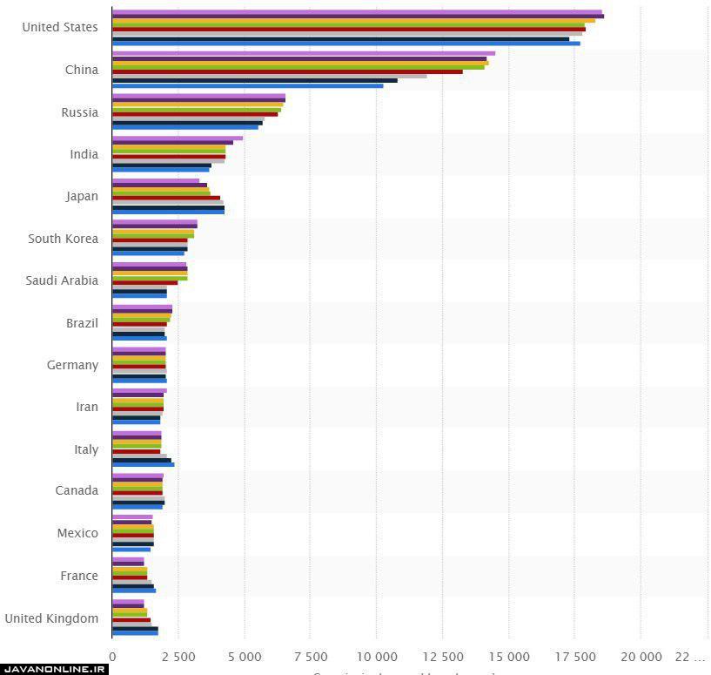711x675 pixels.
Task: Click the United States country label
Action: click(60, 27)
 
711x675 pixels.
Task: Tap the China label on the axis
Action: click(82, 70)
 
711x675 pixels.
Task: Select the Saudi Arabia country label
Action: click(62, 280)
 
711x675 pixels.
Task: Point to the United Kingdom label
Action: click(51, 618)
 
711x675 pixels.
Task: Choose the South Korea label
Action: click(63, 239)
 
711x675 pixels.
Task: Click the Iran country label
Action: click(86, 407)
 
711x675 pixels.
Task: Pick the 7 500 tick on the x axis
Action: click(311, 655)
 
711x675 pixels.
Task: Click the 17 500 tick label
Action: click(574, 655)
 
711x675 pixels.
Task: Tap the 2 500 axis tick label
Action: click(178, 655)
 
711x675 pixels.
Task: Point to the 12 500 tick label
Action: click(442, 655)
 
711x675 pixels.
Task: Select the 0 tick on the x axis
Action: click(112, 655)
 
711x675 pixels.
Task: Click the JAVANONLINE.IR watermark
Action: click(54, 669)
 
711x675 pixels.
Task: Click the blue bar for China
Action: click(247, 85)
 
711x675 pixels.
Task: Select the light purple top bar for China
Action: click(303, 53)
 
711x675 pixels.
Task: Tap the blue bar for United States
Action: click(345, 44)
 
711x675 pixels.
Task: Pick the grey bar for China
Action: click(269, 76)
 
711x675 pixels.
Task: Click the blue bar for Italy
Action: click(143, 465)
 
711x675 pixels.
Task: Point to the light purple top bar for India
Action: click(178, 138)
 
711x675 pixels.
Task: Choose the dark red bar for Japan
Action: click(166, 198)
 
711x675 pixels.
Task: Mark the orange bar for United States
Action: click(353, 20)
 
